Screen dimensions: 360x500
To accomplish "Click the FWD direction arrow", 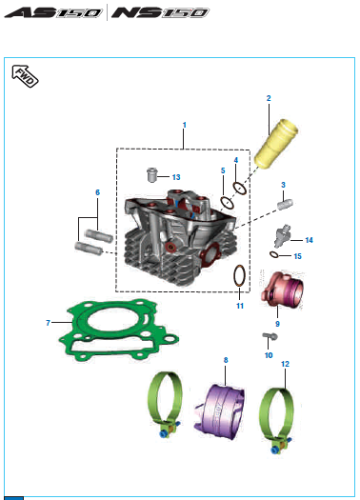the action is pyautogui.click(x=25, y=76).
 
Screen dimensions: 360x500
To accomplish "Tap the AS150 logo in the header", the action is pyautogui.click(x=53, y=12).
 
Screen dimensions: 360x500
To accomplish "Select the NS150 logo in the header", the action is pyautogui.click(x=160, y=12).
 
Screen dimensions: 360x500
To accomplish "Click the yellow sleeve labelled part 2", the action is pyautogui.click(x=276, y=144).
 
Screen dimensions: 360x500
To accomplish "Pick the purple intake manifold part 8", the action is pyautogui.click(x=220, y=411).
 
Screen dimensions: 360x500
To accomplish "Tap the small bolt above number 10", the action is pyautogui.click(x=270, y=336).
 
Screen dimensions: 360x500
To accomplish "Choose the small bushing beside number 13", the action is pyautogui.click(x=151, y=174).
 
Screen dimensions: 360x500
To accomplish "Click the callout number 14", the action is pyautogui.click(x=309, y=240).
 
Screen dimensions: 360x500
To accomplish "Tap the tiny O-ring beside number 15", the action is pyautogui.click(x=273, y=255).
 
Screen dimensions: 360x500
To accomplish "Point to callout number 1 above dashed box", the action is pyautogui.click(x=184, y=125).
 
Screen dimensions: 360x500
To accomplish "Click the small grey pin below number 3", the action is pyautogui.click(x=285, y=204).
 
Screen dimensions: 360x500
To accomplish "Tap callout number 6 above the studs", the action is pyautogui.click(x=97, y=192).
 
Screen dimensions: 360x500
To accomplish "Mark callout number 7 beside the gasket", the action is pyautogui.click(x=49, y=323).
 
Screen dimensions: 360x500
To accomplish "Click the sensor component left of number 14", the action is pyautogui.click(x=282, y=236).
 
